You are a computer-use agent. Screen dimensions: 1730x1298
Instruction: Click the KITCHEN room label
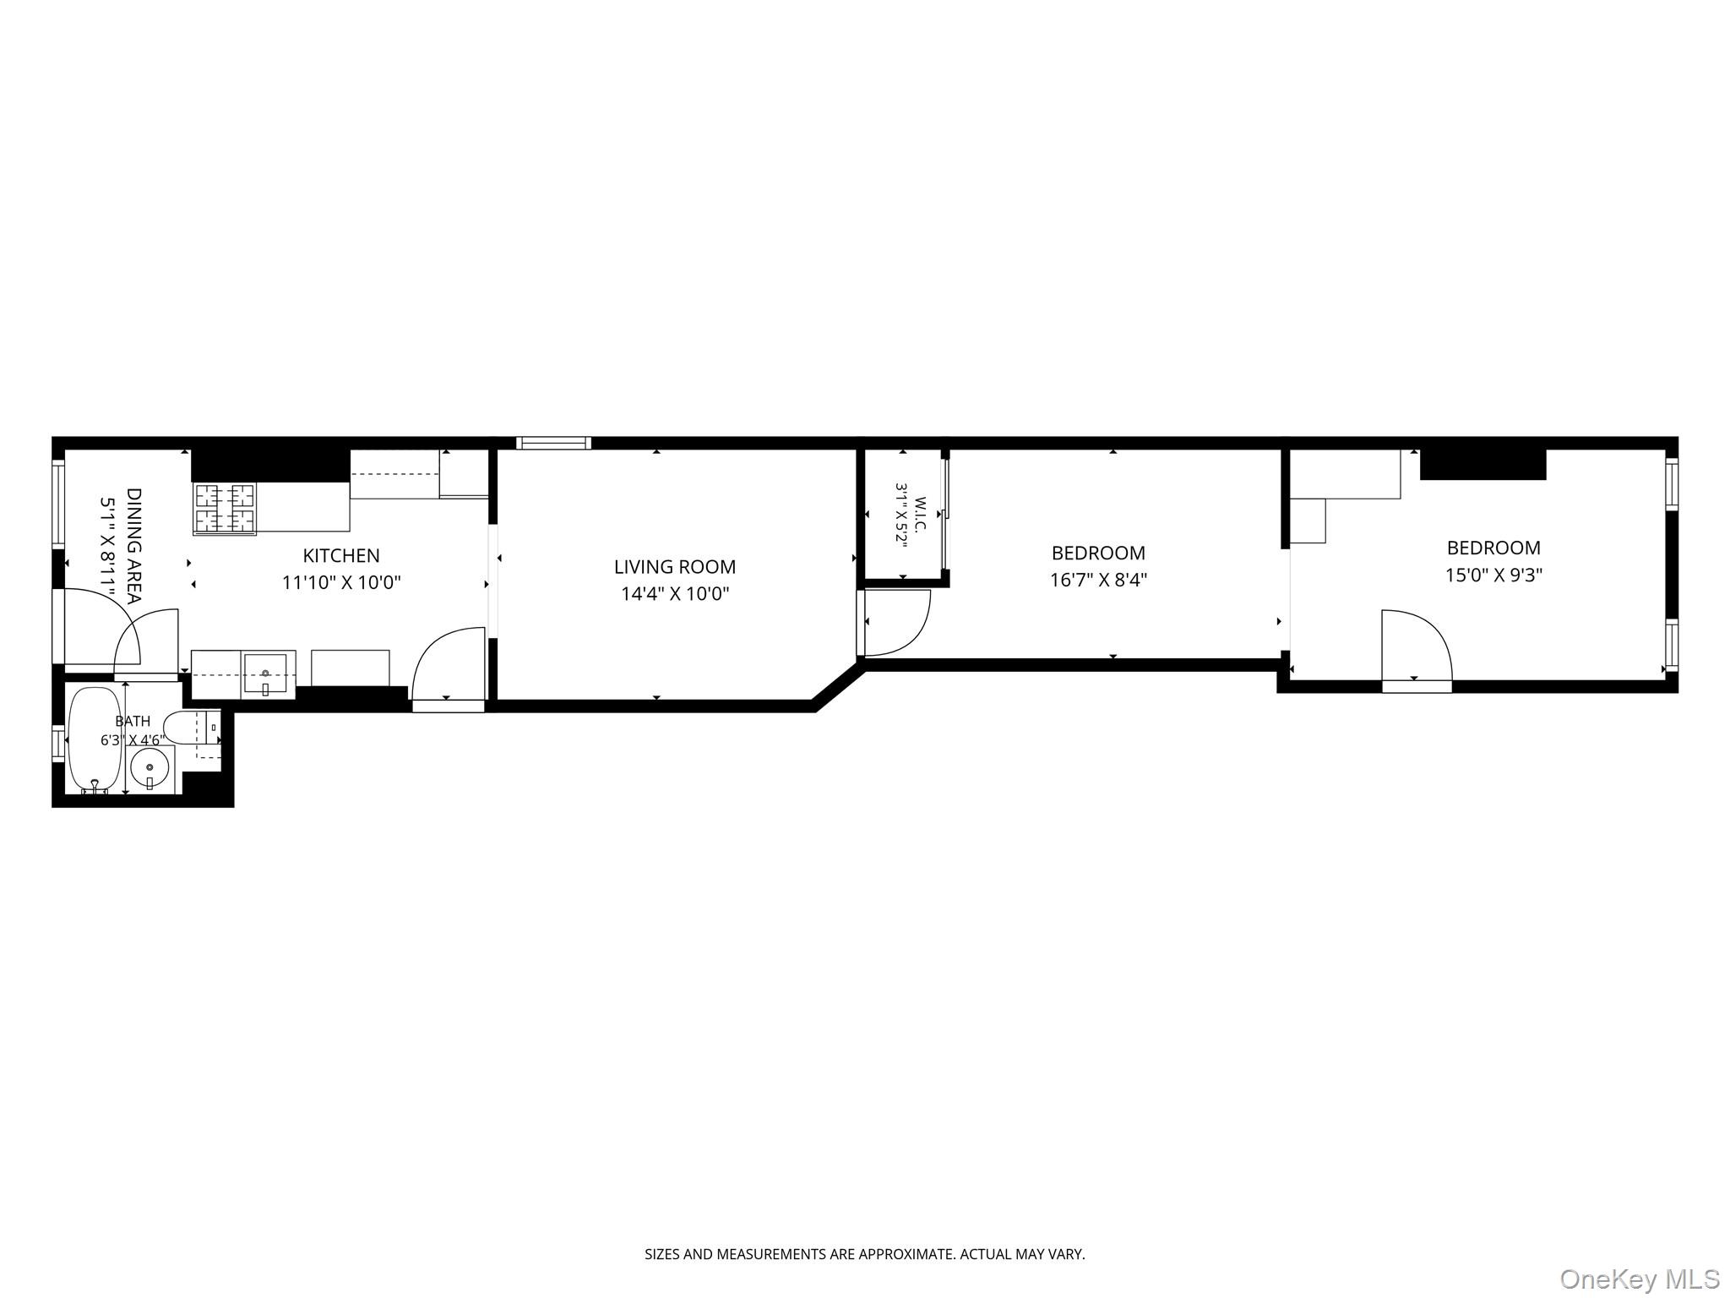(341, 555)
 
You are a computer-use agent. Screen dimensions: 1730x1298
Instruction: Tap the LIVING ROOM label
(675, 567)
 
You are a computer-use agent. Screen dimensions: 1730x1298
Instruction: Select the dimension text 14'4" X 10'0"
(675, 594)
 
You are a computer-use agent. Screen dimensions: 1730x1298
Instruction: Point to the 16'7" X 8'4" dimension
(1098, 580)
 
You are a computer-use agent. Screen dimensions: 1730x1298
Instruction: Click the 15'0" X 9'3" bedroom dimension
(1493, 575)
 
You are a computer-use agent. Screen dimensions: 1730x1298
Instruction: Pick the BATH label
(133, 721)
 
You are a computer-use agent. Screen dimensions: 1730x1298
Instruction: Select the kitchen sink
(265, 674)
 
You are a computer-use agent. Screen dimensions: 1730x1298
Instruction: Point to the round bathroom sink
(150, 767)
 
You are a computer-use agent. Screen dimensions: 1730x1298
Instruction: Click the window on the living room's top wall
(553, 443)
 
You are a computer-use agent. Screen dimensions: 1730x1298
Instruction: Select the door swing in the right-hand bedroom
(1417, 645)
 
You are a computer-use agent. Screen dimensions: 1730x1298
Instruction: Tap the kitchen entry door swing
(449, 663)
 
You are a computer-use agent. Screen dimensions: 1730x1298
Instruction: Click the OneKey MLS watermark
(1640, 1279)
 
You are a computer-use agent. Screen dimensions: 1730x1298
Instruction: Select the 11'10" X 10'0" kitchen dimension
(341, 582)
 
